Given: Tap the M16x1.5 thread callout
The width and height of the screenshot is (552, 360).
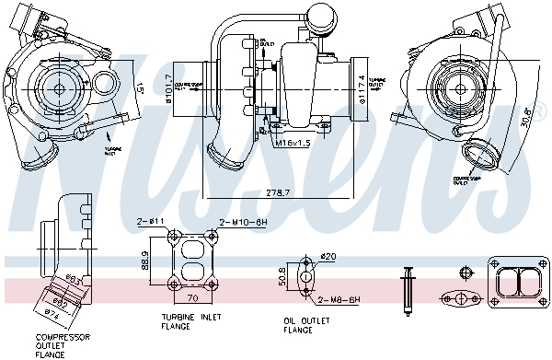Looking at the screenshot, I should pos(293,144).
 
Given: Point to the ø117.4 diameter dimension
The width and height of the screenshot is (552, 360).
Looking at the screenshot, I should pos(364,90).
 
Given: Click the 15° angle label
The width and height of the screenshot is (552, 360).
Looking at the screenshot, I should pos(137,89).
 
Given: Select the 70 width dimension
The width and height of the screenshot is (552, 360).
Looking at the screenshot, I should pos(193,299).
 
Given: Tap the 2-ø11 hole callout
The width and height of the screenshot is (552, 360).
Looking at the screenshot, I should pos(150,222).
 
